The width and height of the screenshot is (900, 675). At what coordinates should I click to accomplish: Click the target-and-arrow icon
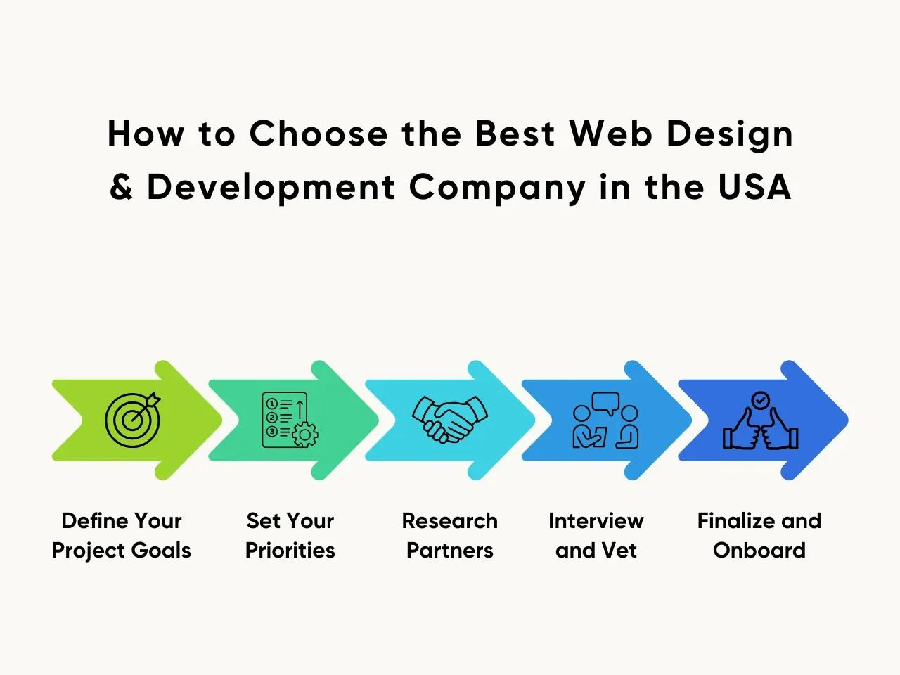pos(133,420)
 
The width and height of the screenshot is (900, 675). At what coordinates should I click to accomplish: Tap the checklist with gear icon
pos(290,420)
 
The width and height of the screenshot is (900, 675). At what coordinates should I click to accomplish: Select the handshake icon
pos(450,420)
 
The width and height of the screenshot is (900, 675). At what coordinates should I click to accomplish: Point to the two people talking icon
pos(605,420)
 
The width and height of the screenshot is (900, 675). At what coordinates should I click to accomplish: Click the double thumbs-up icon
pos(761,420)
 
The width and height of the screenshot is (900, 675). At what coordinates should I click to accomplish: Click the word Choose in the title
pos(319,134)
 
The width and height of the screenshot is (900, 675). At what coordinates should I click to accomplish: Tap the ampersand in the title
pos(122,186)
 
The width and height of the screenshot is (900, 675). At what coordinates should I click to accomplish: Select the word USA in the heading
pos(754,186)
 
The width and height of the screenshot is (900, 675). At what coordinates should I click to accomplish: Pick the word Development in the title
pos(271,188)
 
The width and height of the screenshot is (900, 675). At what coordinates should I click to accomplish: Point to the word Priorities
pos(290,550)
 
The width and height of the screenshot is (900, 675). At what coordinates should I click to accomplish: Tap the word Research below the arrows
pos(450,521)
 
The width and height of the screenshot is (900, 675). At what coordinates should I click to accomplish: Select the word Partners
pos(450,550)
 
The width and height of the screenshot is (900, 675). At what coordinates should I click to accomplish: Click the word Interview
pos(596,521)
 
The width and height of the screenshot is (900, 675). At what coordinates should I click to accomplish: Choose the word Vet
pos(619,550)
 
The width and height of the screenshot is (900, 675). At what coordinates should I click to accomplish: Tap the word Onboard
pos(759,550)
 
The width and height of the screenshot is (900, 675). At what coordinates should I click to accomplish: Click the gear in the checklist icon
pos(304,435)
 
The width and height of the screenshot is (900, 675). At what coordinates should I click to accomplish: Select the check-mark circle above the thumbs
pos(761,400)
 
